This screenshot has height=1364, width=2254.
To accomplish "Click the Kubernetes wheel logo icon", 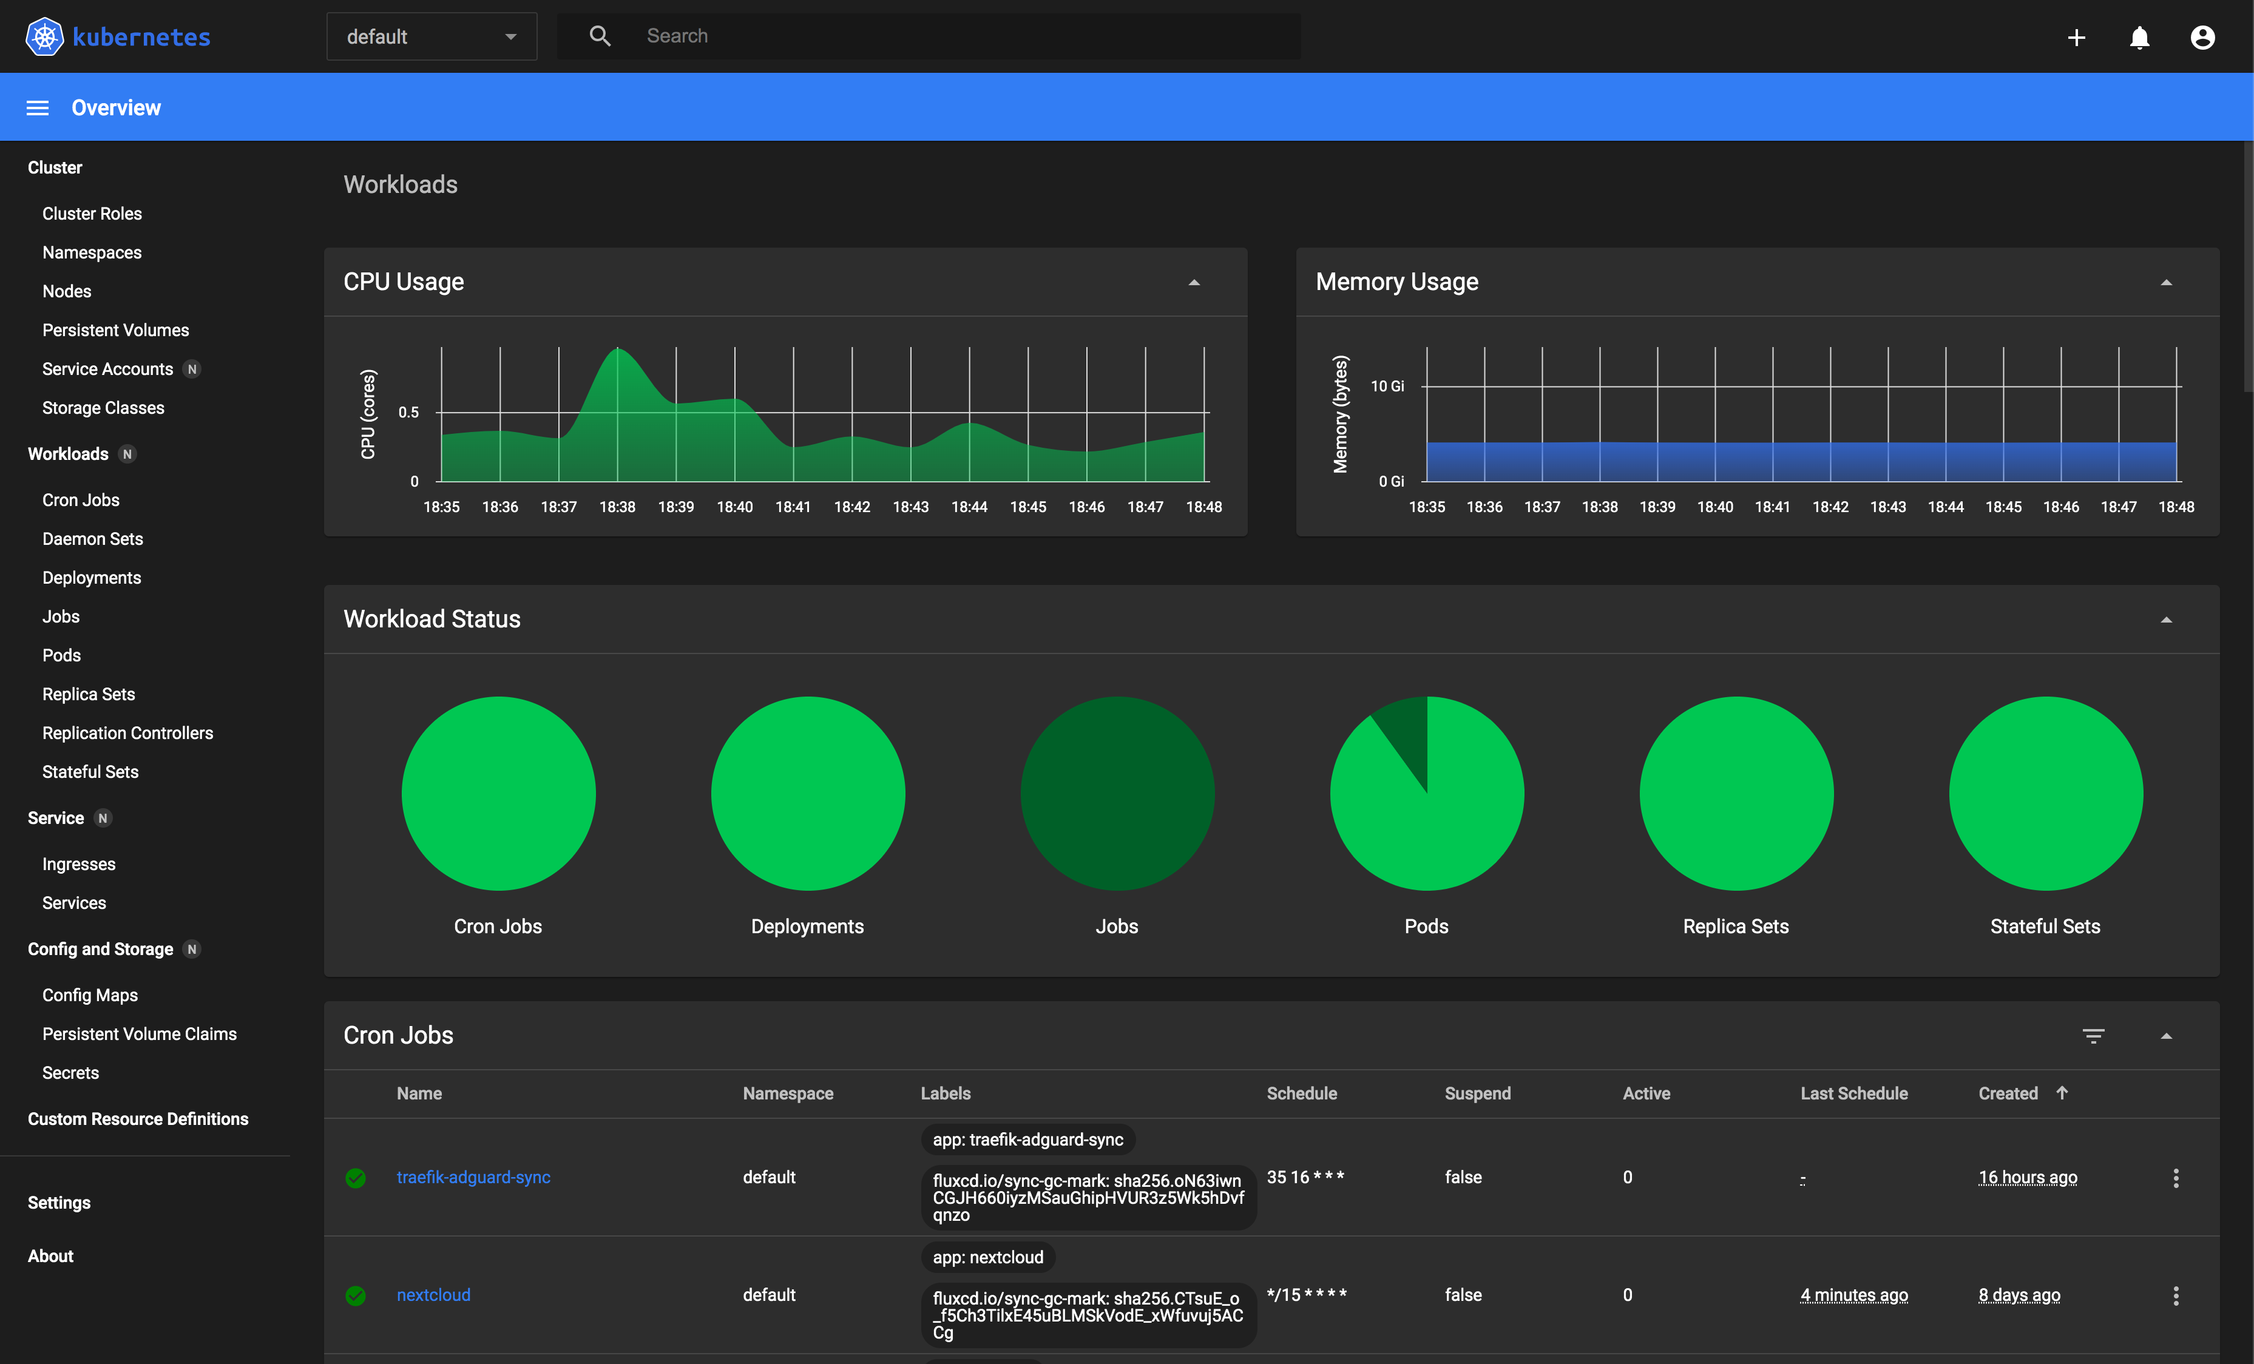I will point(44,36).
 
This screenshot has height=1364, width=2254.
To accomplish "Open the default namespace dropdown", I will point(431,36).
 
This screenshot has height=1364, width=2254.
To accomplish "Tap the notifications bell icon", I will point(2139,36).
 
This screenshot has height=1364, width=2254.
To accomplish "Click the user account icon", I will point(2202,36).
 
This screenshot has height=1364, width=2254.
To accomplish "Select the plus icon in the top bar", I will point(2076,36).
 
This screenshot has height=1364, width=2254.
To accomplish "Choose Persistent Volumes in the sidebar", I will point(115,330).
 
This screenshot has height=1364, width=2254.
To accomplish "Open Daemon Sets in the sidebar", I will point(92,539).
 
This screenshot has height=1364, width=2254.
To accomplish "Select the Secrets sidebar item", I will point(70,1072).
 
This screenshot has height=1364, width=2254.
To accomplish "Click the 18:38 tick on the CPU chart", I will point(617,507).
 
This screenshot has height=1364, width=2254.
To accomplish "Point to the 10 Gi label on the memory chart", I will point(1387,386).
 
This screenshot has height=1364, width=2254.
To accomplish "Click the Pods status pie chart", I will point(1426,793).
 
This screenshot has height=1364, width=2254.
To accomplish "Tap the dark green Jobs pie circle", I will point(1117,793).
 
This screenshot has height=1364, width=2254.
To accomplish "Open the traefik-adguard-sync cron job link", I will point(473,1177).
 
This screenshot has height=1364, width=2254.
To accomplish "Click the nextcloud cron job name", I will point(433,1294).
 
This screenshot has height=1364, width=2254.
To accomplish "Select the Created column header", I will point(2008,1093).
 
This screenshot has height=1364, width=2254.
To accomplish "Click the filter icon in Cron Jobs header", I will point(2093,1036).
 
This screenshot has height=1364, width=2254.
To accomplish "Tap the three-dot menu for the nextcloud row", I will point(2175,1295).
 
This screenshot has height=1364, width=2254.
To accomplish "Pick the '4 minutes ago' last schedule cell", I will point(1853,1294).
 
